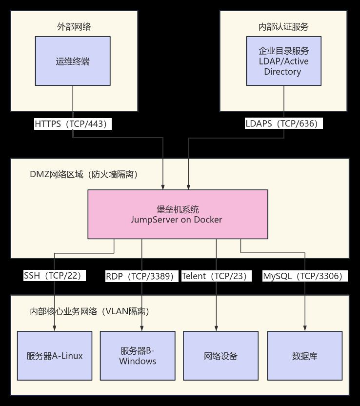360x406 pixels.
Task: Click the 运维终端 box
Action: pyautogui.click(x=73, y=61)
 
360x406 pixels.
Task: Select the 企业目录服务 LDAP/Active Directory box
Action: pyautogui.click(x=283, y=61)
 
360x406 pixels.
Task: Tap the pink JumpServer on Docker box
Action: pyautogui.click(x=178, y=214)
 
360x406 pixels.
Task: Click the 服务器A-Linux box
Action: pyautogui.click(x=55, y=356)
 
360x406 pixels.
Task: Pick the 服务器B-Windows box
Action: pyautogui.click(x=138, y=356)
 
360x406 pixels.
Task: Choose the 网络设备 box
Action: pyautogui.click(x=220, y=356)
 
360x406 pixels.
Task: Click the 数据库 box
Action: pyautogui.click(x=305, y=356)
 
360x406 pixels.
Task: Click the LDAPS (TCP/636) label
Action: pyautogui.click(x=283, y=124)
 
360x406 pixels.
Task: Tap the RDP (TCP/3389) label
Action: pyautogui.click(x=140, y=276)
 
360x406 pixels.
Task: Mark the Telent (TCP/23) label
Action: pyautogui.click(x=216, y=276)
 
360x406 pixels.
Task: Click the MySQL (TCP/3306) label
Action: pyautogui.click(x=305, y=276)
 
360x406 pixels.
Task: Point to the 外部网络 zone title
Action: pyautogui.click(x=73, y=27)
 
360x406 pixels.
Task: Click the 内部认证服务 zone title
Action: pyautogui.click(x=283, y=27)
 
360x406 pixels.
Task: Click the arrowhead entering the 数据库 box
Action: pyautogui.click(x=305, y=328)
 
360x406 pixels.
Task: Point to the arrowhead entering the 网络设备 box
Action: pyautogui.click(x=216, y=328)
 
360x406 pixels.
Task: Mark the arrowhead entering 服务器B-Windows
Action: pyautogui.click(x=142, y=328)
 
